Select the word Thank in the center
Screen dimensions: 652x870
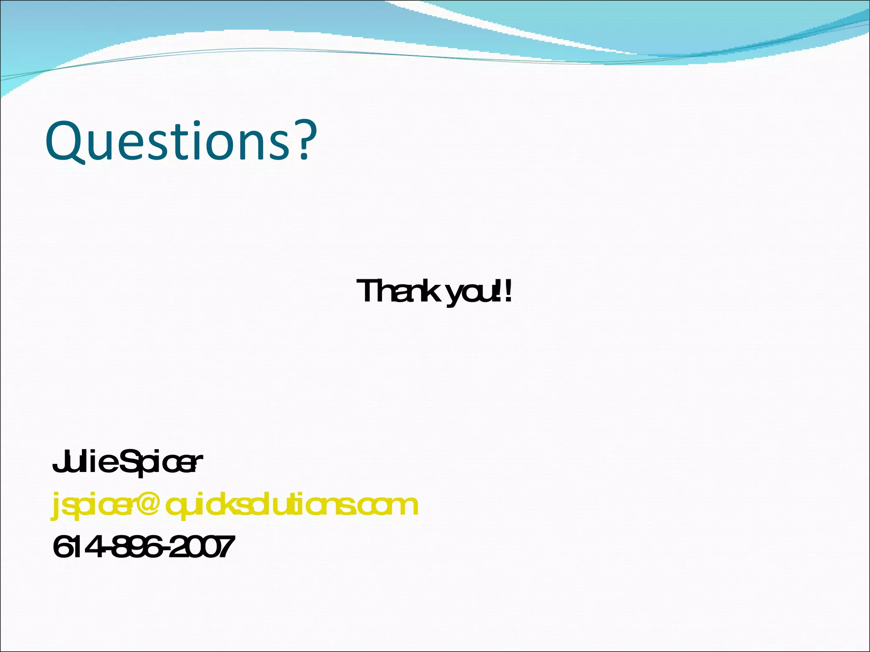[397, 291]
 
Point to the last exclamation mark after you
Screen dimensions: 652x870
[508, 291]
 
